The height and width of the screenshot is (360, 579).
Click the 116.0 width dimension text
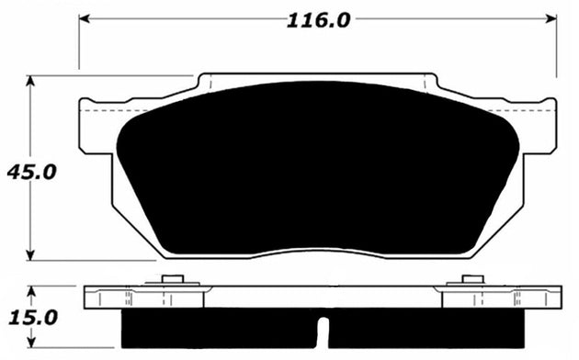pyautogui.click(x=319, y=20)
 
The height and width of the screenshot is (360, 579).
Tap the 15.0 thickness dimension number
pyautogui.click(x=31, y=317)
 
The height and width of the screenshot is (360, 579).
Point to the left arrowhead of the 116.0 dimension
pyautogui.click(x=84, y=19)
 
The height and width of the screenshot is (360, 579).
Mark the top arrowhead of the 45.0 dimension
pyautogui.click(x=32, y=81)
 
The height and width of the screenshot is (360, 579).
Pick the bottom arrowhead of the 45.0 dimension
pyautogui.click(x=32, y=256)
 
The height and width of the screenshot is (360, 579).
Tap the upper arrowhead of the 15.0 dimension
pyautogui.click(x=32, y=290)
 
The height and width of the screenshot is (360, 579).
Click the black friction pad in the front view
pyautogui.click(x=318, y=170)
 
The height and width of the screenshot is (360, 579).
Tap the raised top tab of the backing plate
pyautogui.click(x=318, y=78)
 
